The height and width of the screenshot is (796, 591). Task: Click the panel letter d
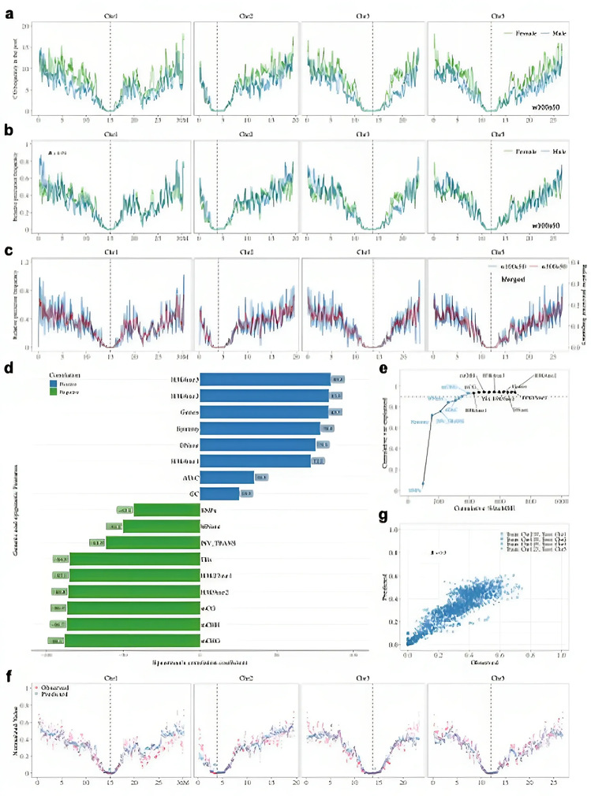[x=7, y=368]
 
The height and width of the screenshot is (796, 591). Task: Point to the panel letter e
[x=384, y=368]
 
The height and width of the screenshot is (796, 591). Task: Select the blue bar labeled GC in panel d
[x=219, y=493]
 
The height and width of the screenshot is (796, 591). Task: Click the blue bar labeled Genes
[x=264, y=411]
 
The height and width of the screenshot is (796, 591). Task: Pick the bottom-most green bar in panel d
[x=133, y=640]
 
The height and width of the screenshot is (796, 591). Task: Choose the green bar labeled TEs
[x=135, y=559]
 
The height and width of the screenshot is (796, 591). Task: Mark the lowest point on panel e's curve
[x=423, y=484]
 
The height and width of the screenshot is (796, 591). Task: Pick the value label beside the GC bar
[x=246, y=493]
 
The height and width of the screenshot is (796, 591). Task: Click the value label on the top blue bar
[x=338, y=379]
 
